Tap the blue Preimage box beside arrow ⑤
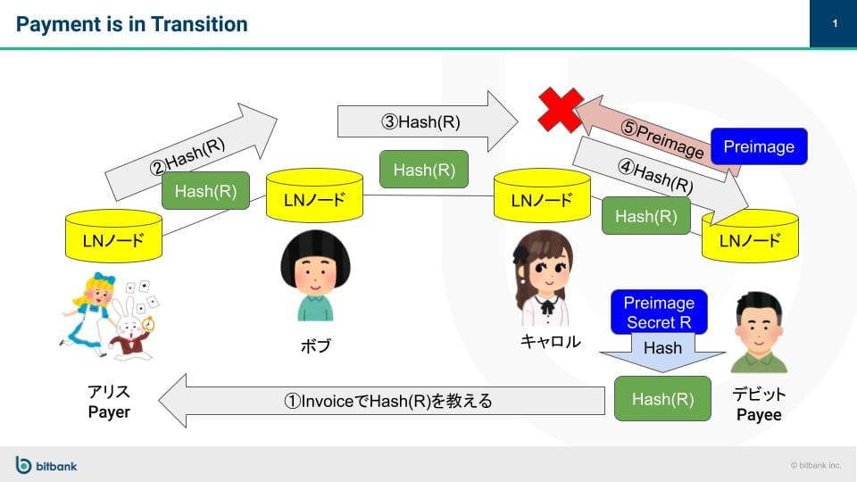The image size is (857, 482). (x=758, y=146)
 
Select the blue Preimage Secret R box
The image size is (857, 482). (x=659, y=312)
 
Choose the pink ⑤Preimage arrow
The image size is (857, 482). (x=652, y=132)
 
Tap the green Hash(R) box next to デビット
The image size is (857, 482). (x=662, y=399)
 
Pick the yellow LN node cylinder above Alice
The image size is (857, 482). (x=112, y=237)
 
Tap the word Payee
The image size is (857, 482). (x=759, y=415)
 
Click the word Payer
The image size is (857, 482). (x=109, y=411)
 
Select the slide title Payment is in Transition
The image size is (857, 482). (x=132, y=24)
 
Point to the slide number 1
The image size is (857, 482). (x=834, y=24)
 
